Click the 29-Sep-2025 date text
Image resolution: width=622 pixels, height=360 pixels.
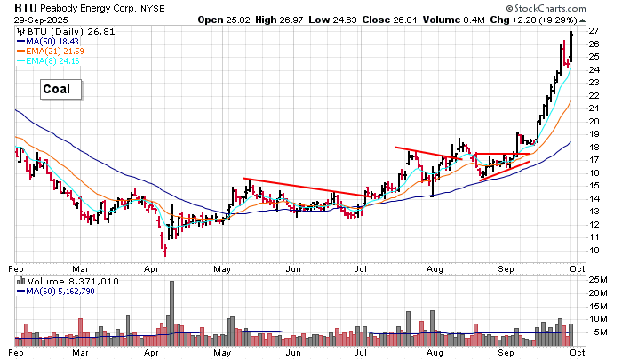pyautogui.click(x=41, y=20)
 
